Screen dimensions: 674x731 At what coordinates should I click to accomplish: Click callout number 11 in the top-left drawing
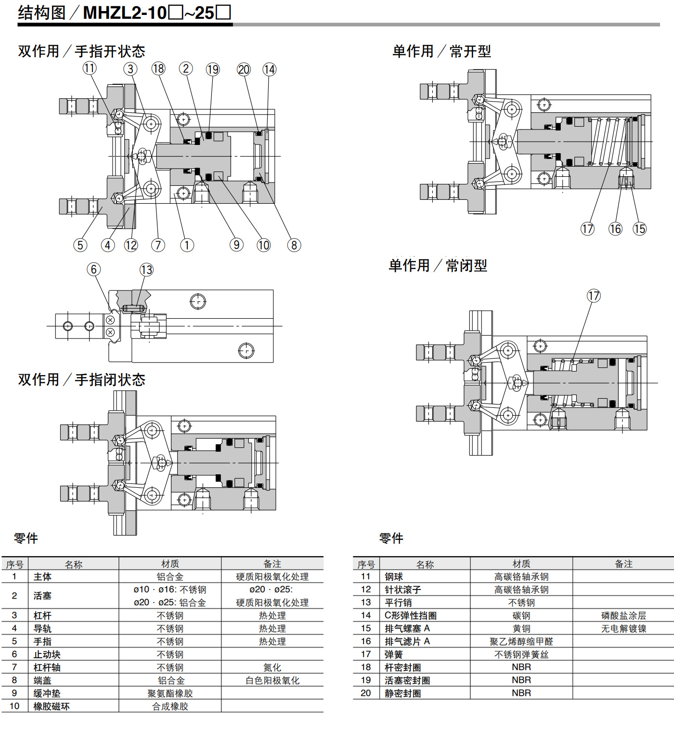(x=90, y=68)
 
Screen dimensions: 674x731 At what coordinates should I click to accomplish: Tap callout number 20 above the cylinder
(x=244, y=69)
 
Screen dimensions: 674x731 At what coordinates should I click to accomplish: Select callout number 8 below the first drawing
(x=294, y=245)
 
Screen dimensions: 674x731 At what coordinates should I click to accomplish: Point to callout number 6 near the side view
(x=93, y=270)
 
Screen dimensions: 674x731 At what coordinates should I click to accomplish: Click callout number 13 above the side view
(x=146, y=270)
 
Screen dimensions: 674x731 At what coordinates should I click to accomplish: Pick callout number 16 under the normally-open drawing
(x=615, y=229)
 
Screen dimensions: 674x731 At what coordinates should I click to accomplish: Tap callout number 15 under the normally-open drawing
(x=640, y=229)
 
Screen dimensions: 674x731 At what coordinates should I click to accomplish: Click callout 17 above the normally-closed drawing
(x=594, y=296)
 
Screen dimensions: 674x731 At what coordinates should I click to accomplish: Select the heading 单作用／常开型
(x=442, y=52)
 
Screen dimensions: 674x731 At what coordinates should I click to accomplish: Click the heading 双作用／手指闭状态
(x=82, y=380)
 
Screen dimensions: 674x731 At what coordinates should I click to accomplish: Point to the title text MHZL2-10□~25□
(x=157, y=13)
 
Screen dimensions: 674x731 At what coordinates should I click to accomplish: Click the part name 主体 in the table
(x=42, y=577)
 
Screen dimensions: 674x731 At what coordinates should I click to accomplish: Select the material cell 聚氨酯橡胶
(x=170, y=693)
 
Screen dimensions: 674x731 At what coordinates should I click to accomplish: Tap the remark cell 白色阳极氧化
(x=272, y=680)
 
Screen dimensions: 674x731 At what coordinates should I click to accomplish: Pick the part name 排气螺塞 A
(x=407, y=628)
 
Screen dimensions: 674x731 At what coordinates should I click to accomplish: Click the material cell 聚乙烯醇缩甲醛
(x=521, y=641)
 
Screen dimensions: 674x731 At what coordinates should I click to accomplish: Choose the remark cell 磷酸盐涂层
(x=623, y=615)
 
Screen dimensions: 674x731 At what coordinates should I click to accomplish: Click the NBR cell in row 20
(x=521, y=693)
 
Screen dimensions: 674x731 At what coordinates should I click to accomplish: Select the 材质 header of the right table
(x=521, y=564)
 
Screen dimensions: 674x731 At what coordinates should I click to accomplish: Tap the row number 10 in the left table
(x=14, y=706)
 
